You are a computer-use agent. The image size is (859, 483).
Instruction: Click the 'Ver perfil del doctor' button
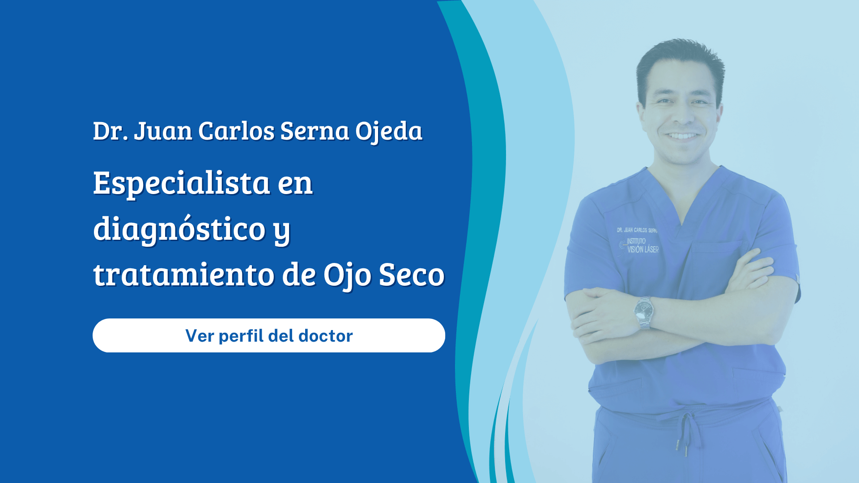(269, 335)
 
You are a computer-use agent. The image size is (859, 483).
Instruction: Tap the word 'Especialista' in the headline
(181, 183)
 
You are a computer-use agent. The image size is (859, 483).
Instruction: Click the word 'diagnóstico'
(179, 229)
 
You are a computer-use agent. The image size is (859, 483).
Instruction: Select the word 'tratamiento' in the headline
(183, 274)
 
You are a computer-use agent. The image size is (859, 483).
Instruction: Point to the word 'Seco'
(412, 274)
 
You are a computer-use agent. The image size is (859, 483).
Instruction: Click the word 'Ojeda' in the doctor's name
(389, 131)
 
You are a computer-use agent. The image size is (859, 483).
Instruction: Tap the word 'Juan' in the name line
(163, 131)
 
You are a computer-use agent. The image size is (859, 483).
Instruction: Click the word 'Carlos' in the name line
(236, 131)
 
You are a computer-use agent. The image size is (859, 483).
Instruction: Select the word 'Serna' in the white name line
(315, 131)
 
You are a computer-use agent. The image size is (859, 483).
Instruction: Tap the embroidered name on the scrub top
(637, 230)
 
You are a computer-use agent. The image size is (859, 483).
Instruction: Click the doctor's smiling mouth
(682, 135)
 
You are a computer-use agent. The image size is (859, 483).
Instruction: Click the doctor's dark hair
(680, 60)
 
